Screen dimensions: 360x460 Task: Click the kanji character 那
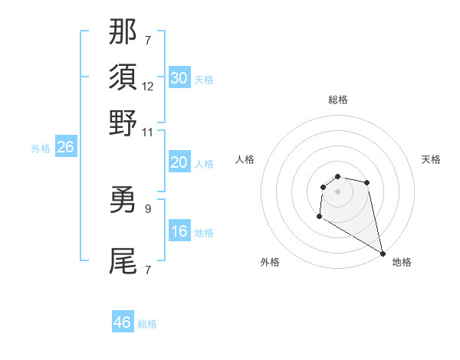123,31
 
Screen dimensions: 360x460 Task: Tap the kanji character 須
123,77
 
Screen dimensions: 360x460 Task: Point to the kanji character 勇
123,200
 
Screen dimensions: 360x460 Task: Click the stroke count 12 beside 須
148,87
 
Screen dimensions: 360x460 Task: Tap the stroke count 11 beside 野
148,132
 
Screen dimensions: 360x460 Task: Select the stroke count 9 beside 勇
148,208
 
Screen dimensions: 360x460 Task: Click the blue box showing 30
179,78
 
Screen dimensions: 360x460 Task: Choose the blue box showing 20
179,162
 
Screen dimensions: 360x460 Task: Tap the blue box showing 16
179,231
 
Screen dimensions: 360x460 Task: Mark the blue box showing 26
65,148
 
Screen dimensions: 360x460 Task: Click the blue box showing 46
122,322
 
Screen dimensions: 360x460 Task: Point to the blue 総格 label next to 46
147,324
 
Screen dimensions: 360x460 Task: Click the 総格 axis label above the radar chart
337,100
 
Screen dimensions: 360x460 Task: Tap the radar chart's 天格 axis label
431,159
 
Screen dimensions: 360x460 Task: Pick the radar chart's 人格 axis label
245,159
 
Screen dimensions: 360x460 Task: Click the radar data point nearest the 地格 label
383,254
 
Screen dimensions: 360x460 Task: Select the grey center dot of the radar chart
337,191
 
